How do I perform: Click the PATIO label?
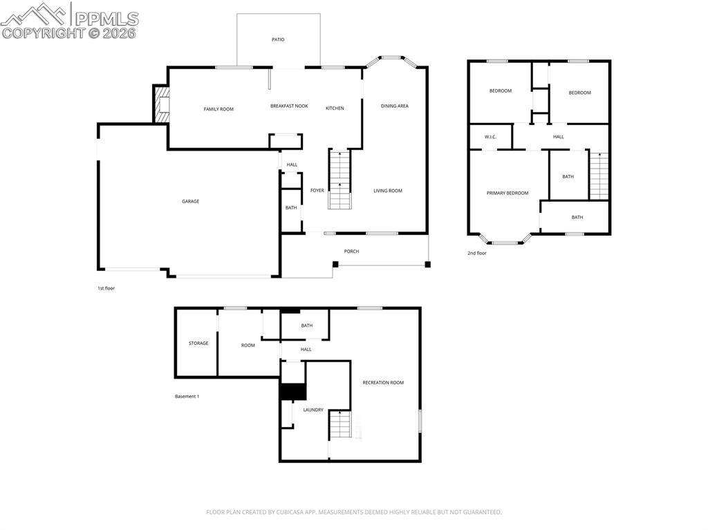(277, 39)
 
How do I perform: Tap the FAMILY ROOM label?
(218, 109)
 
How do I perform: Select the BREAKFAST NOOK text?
(289, 106)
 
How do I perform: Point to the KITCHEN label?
(335, 108)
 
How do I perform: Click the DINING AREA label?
(394, 106)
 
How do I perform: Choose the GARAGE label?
(190, 201)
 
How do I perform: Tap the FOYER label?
(317, 191)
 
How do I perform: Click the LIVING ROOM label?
(387, 191)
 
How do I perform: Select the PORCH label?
(351, 252)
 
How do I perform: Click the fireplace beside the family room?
(161, 105)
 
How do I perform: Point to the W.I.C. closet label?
(491, 137)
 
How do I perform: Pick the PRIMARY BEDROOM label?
(507, 193)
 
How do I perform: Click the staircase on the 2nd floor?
(599, 176)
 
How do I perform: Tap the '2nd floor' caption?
(477, 254)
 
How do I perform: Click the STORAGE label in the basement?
(198, 343)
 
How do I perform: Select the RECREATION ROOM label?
(383, 382)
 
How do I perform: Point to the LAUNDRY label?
(313, 410)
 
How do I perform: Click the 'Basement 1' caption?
(187, 397)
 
